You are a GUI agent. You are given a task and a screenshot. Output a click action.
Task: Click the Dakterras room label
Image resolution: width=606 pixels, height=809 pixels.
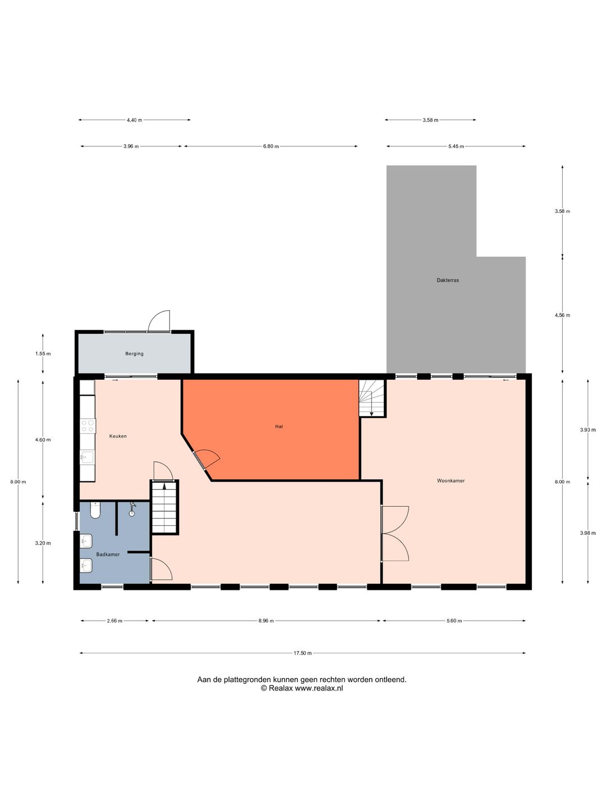coord(447,280)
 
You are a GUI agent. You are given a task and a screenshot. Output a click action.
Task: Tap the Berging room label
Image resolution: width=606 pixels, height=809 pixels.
coord(134,353)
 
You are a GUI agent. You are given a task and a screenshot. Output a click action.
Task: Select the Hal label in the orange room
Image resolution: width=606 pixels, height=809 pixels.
coord(279,426)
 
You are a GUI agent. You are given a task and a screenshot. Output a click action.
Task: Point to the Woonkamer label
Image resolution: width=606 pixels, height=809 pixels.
coord(451,480)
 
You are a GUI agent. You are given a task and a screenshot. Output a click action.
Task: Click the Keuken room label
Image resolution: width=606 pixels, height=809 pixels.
coord(118,436)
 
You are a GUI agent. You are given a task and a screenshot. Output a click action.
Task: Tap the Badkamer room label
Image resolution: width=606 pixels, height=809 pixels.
coord(108,555)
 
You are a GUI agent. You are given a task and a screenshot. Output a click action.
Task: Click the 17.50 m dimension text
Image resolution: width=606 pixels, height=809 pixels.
coord(302,653)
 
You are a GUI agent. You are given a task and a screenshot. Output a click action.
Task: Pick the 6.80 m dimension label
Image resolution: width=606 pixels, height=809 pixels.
coord(271,146)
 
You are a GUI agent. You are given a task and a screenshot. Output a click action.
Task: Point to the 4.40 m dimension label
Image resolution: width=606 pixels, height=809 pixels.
coord(134,120)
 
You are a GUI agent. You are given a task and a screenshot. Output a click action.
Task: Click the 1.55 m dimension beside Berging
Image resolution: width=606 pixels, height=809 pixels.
coord(43,353)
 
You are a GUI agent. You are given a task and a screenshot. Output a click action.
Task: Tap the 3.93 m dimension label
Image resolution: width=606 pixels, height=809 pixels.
coord(587,430)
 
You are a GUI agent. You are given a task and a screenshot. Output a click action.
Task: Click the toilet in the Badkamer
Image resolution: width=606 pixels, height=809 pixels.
coord(95,510)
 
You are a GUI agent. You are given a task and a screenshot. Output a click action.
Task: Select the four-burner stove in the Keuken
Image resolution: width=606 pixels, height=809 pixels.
coord(88,426)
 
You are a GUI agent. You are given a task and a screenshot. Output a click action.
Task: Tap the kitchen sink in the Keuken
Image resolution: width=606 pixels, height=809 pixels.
coord(87,458)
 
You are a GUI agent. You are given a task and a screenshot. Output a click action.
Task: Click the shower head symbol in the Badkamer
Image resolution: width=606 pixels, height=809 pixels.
coord(132,509)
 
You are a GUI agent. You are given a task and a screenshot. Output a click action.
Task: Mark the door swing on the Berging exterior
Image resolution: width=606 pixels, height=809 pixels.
coord(159,321)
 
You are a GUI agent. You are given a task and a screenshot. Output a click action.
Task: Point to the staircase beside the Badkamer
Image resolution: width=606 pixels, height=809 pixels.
coord(164,507)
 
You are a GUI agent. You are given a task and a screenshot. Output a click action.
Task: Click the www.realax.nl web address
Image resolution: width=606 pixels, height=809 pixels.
coord(319,688)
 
